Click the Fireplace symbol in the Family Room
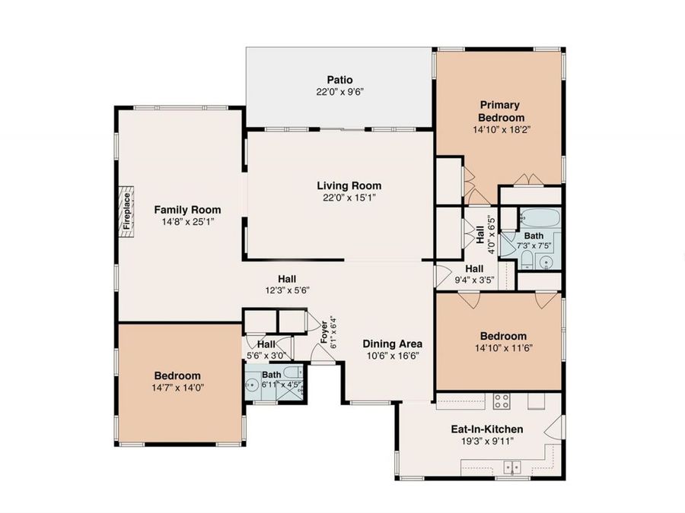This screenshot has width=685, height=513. (x=126, y=213)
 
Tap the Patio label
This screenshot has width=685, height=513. (x=340, y=80)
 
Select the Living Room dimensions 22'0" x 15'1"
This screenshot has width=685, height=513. (x=349, y=198)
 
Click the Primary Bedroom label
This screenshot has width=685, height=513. (x=501, y=111)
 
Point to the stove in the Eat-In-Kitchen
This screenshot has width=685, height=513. (x=501, y=401)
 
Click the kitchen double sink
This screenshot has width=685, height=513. (x=511, y=467)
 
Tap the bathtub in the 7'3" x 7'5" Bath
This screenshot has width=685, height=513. (x=540, y=217)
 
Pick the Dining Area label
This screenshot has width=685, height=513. (x=392, y=344)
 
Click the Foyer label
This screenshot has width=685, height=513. (x=324, y=332)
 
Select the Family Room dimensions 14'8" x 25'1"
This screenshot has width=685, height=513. (x=187, y=222)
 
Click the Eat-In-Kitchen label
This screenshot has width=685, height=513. (x=486, y=429)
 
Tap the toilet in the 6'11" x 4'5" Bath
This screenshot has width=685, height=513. (x=292, y=372)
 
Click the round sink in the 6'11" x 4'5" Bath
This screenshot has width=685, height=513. (x=252, y=385)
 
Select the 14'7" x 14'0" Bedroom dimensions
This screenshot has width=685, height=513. (x=178, y=388)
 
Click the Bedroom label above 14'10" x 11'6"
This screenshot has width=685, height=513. (x=503, y=337)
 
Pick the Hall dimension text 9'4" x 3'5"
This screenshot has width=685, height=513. (x=474, y=280)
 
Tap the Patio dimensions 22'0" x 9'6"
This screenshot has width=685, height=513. (x=340, y=92)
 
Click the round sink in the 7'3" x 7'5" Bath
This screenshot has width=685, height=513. (x=546, y=262)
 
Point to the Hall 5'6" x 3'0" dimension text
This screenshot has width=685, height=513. (x=266, y=356)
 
